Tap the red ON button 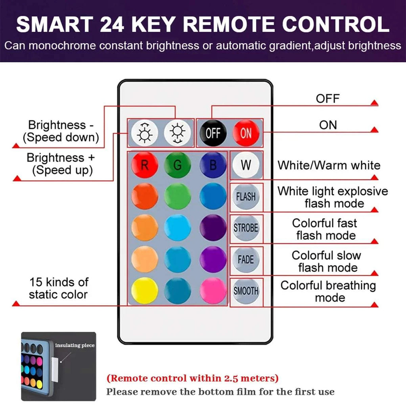(x=246, y=133)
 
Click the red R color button (x=145, y=165)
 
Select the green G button (x=178, y=165)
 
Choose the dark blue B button (x=213, y=165)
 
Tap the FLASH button (x=246, y=196)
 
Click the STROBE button (x=246, y=228)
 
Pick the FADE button (x=246, y=260)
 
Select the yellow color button (x=145, y=291)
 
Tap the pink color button (x=213, y=291)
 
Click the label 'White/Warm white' (x=329, y=165)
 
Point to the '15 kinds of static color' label (x=58, y=288)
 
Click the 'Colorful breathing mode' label (x=328, y=291)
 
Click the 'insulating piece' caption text (x=75, y=345)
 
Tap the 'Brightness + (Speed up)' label (x=61, y=164)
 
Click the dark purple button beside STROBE (x=213, y=228)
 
